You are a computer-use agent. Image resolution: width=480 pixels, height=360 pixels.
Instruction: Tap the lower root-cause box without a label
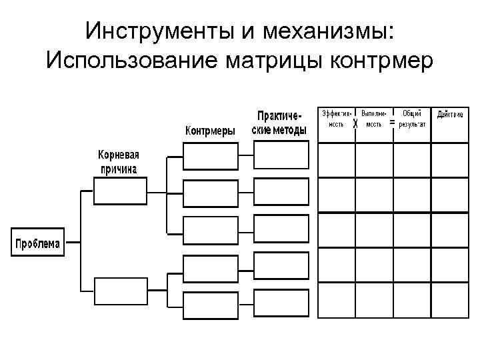click(x=115, y=291)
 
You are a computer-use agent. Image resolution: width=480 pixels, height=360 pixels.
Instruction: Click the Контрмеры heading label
click(x=209, y=131)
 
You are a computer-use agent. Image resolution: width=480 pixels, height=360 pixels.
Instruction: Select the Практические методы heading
click(x=280, y=122)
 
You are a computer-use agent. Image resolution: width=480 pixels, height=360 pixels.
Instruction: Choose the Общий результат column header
click(x=413, y=118)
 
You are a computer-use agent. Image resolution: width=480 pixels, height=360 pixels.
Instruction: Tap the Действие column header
click(x=451, y=114)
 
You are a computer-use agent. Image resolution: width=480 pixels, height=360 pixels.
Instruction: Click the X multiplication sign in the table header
click(x=355, y=124)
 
